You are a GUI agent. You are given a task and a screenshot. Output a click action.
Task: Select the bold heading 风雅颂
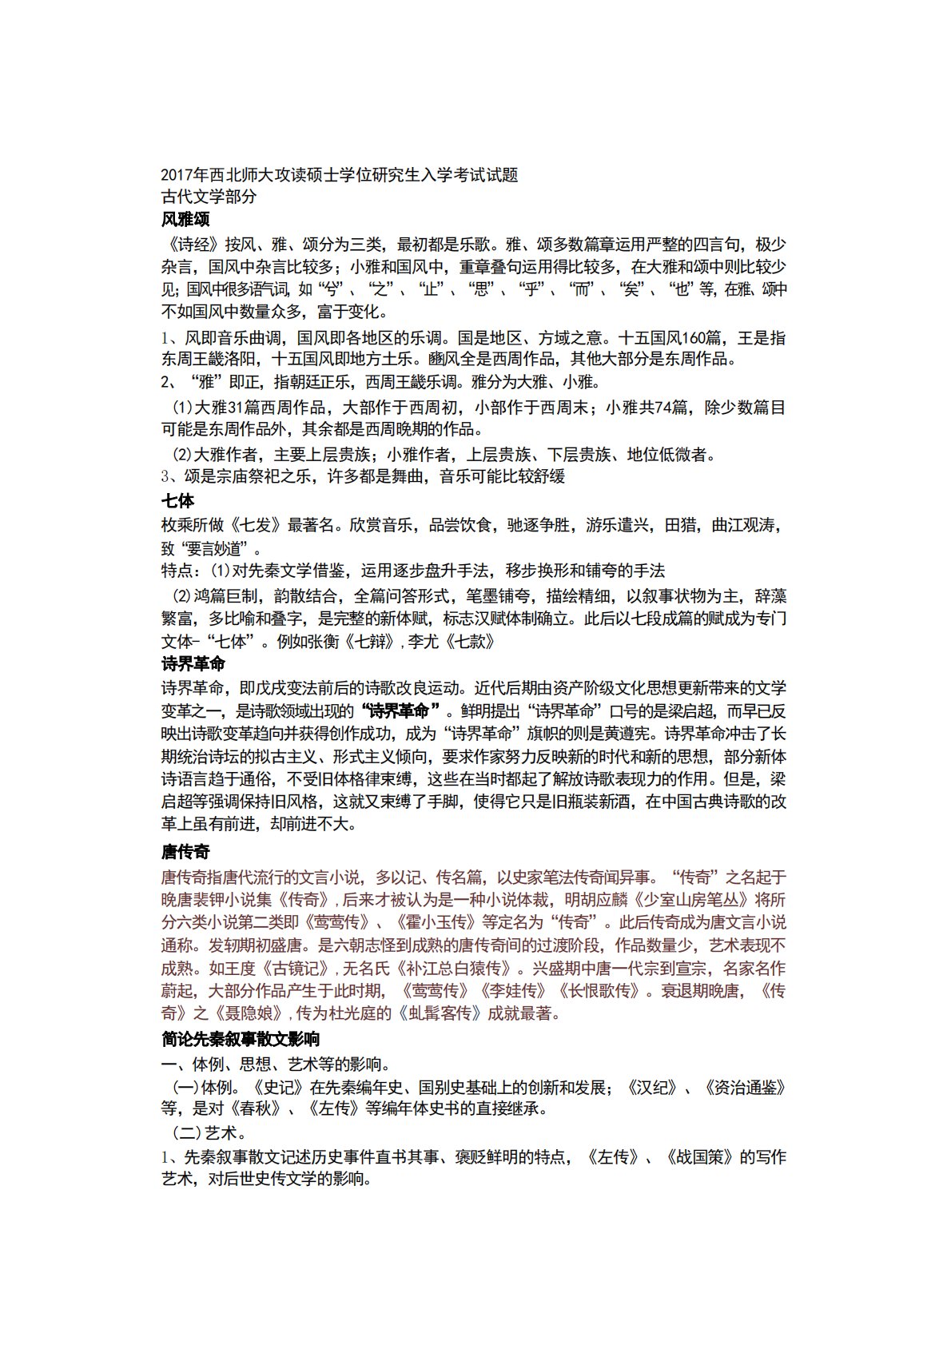185,218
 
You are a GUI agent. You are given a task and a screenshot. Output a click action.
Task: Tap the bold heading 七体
177,501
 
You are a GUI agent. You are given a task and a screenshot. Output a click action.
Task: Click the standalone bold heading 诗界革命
193,663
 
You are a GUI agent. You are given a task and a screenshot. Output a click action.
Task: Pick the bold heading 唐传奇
185,851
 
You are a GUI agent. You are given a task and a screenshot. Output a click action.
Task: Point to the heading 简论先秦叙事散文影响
241,1039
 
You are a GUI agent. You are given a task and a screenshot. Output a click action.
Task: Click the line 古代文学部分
209,197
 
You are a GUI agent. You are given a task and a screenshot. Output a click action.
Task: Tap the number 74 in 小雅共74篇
663,408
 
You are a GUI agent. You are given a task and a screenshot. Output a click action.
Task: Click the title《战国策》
699,1156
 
